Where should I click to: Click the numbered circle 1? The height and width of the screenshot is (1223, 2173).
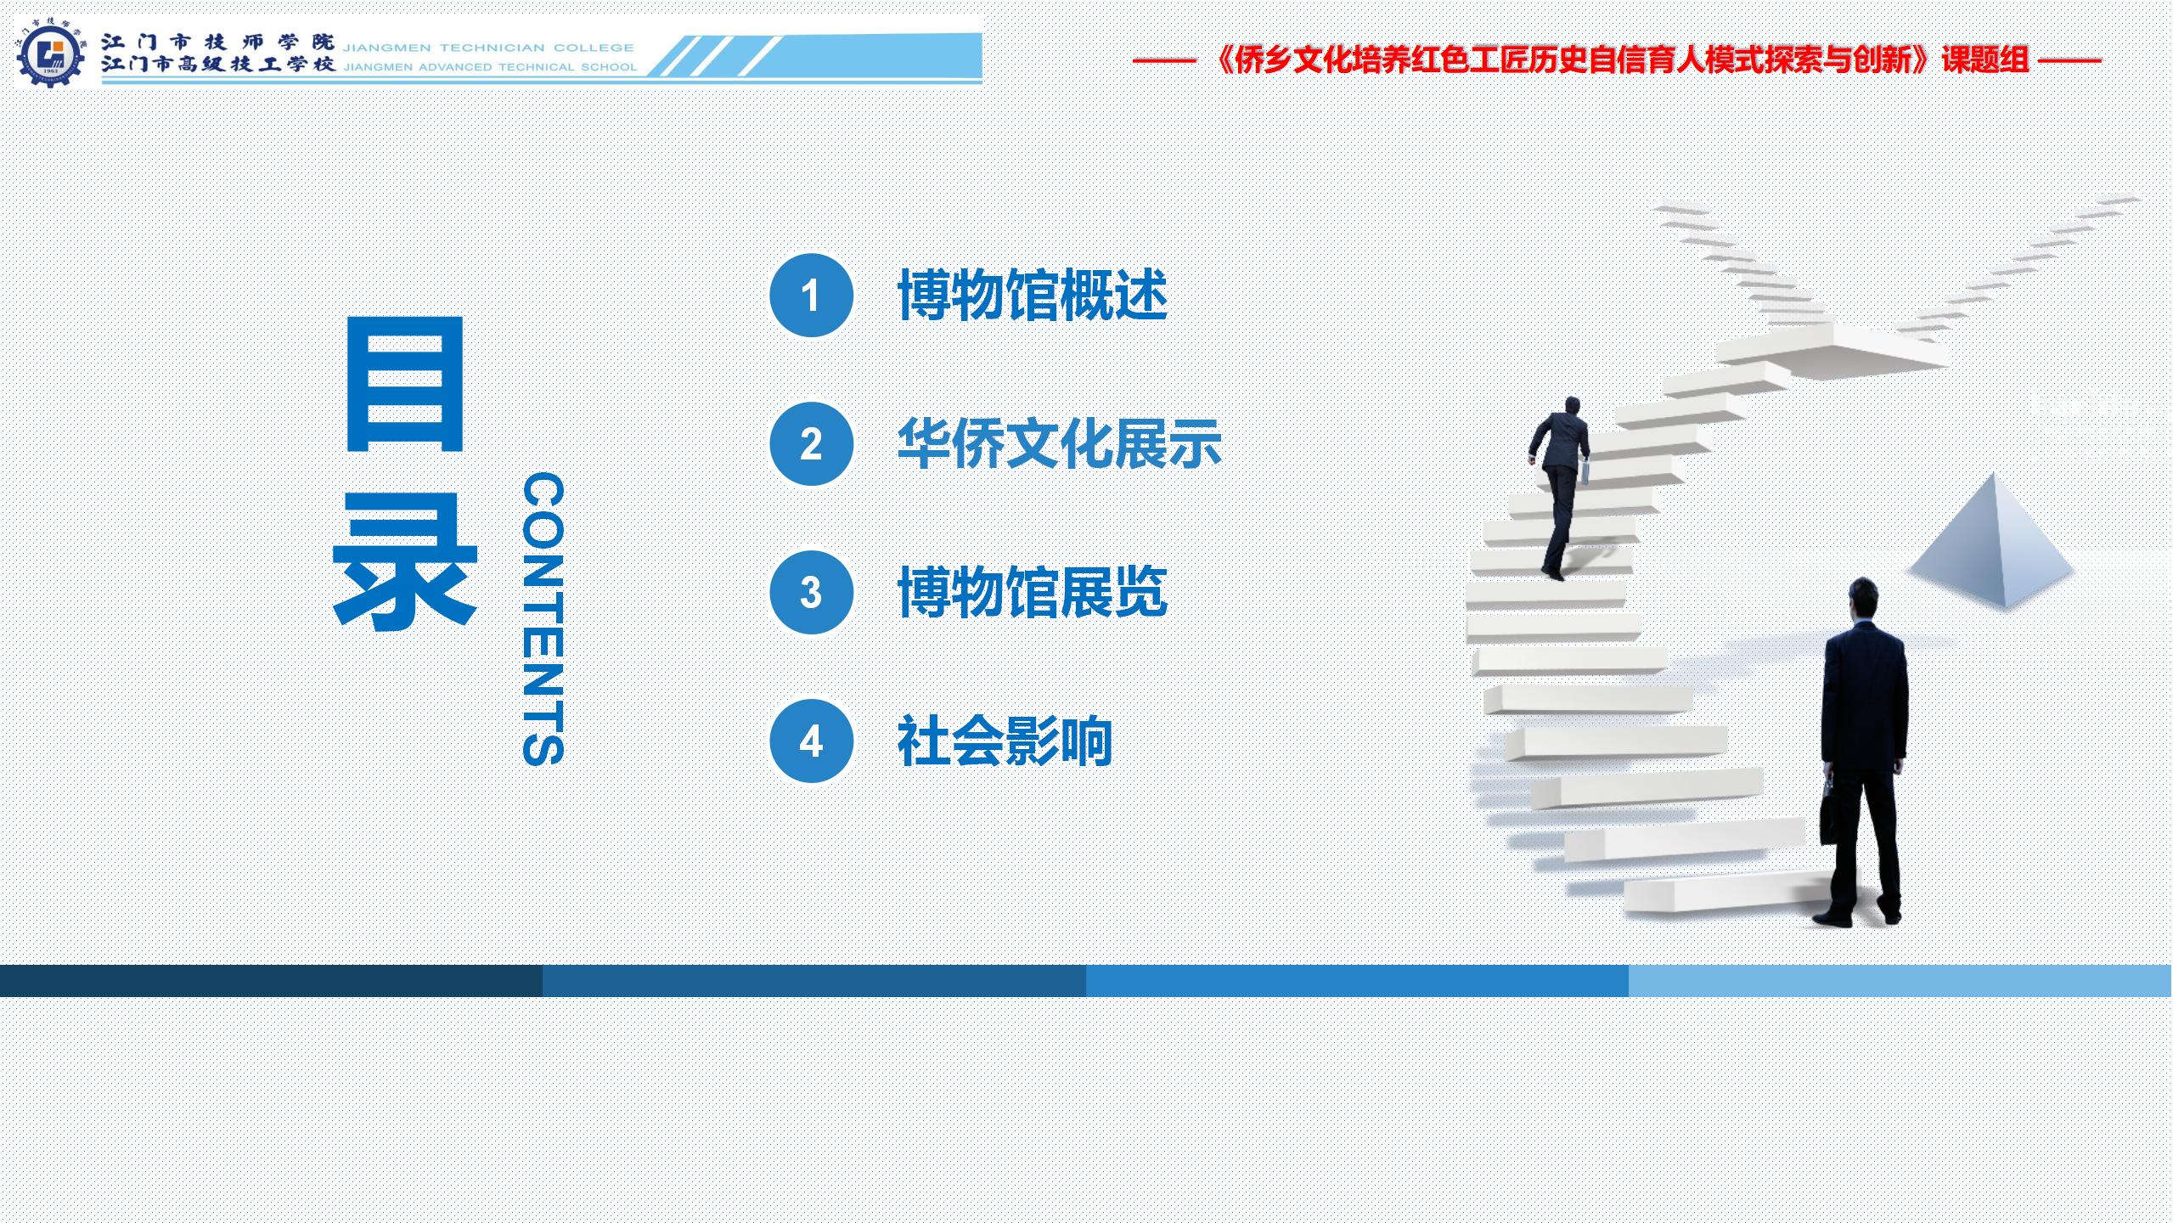[811, 296]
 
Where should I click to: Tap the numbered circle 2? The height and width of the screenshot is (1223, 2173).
[811, 444]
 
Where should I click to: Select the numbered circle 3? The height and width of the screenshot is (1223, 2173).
[811, 593]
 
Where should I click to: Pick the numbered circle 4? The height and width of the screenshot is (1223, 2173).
[811, 741]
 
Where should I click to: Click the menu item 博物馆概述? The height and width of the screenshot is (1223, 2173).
[1033, 296]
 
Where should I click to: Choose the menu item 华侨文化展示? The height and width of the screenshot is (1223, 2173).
[1060, 444]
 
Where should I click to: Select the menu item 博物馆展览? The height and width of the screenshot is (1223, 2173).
[1033, 593]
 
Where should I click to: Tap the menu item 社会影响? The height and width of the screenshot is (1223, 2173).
[1005, 741]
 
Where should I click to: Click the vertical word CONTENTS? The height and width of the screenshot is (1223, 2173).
[543, 619]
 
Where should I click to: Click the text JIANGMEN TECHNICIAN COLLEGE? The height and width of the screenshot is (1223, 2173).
[488, 48]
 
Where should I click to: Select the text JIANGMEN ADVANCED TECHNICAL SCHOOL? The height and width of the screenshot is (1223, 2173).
[490, 66]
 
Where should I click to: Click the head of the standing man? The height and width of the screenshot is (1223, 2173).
[1862, 600]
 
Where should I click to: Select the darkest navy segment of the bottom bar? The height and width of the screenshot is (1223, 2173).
[272, 981]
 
